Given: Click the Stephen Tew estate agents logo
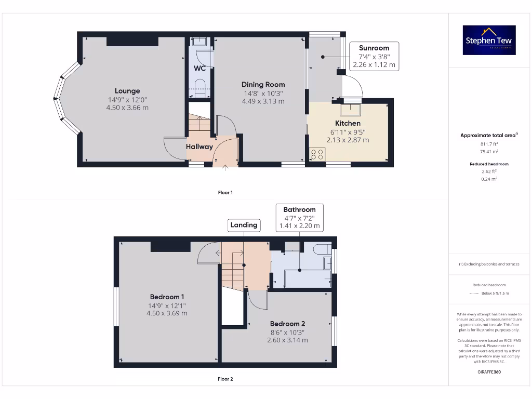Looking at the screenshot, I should [x=489, y=40].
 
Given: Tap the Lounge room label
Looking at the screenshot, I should [x=127, y=91].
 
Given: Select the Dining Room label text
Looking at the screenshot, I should [x=263, y=84].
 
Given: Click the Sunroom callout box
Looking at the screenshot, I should [x=374, y=56].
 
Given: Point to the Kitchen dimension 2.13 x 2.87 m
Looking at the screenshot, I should [x=348, y=140].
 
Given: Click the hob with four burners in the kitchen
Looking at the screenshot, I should [x=317, y=154].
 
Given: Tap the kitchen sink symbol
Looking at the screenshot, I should [x=351, y=109].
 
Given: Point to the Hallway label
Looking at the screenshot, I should [x=199, y=147].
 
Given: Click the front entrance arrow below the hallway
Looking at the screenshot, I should [x=225, y=168].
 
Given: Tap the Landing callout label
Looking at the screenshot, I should [x=244, y=225].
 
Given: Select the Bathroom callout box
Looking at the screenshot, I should [x=299, y=218].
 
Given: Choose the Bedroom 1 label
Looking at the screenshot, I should [x=167, y=297].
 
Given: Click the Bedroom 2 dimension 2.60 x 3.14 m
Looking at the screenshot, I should [x=287, y=340].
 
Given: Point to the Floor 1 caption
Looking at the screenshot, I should [x=225, y=193].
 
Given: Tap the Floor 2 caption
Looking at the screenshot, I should [x=225, y=379].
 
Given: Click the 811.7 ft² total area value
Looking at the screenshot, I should [x=489, y=144].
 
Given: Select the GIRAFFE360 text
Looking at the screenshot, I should [x=489, y=372].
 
